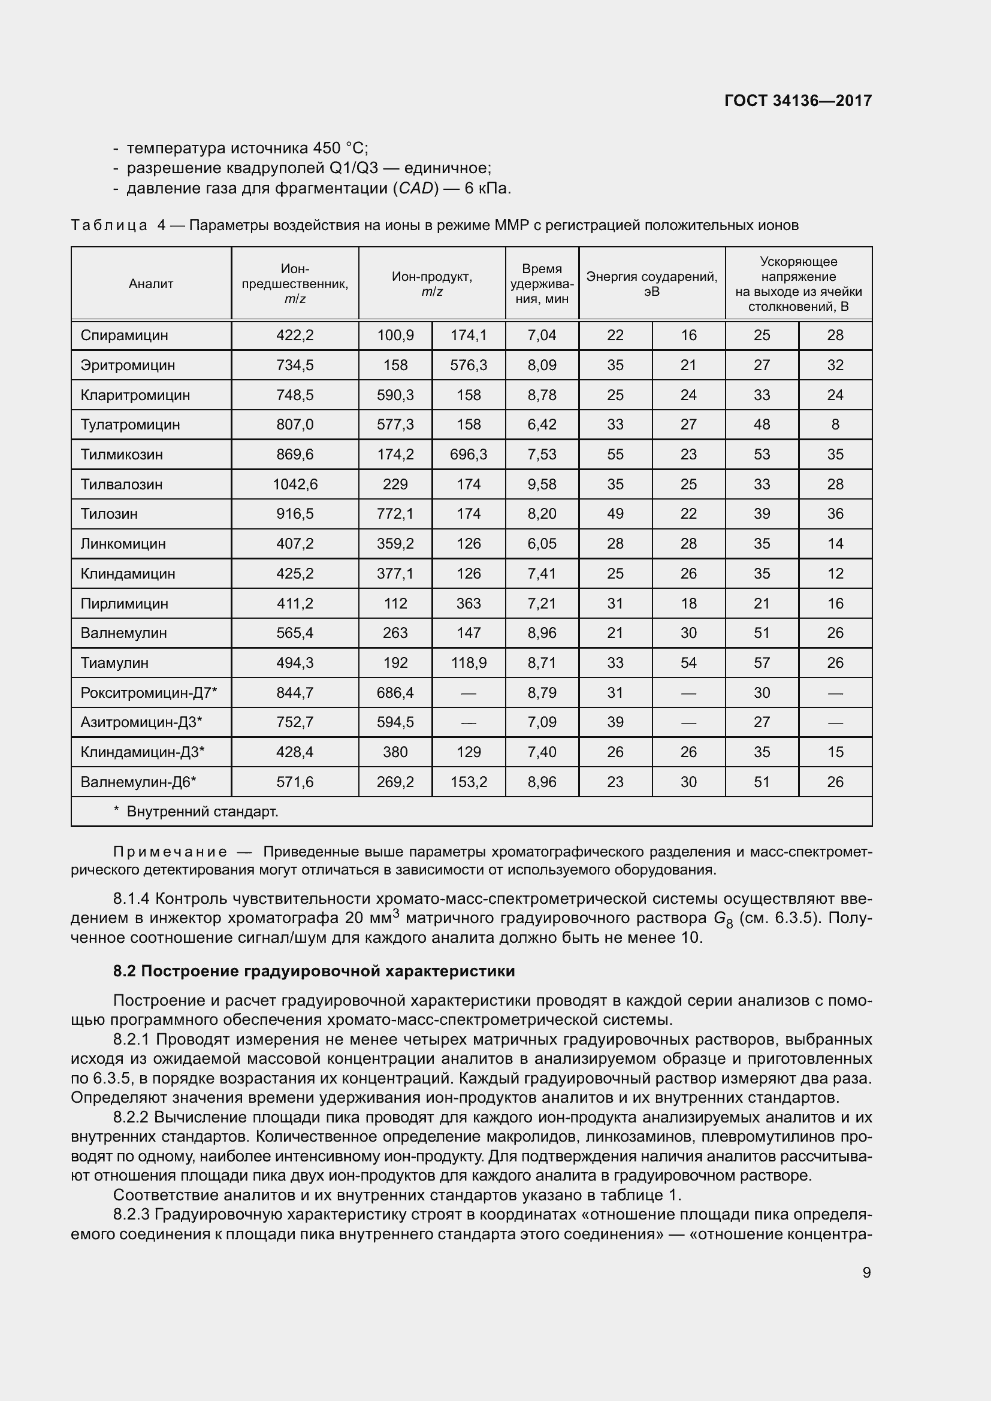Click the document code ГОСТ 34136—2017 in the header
pos(797,101)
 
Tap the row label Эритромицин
pos(128,365)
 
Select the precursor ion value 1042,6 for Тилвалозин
pos(295,484)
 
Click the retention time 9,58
pos(542,484)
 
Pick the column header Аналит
pos(151,284)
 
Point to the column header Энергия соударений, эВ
pos(652,284)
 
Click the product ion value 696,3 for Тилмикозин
pos(469,454)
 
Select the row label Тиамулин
pos(114,662)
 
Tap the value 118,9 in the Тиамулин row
pos(469,662)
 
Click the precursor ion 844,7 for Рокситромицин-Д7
pos(295,692)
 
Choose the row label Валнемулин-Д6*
pos(138,782)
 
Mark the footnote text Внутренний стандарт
pos(202,812)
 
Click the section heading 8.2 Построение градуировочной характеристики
pos(313,971)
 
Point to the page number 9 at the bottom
pos(866,1272)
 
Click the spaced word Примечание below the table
pos(170,852)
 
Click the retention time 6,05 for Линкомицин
pos(542,544)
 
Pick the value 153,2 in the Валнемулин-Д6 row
pos(469,782)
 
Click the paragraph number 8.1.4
pos(131,899)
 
